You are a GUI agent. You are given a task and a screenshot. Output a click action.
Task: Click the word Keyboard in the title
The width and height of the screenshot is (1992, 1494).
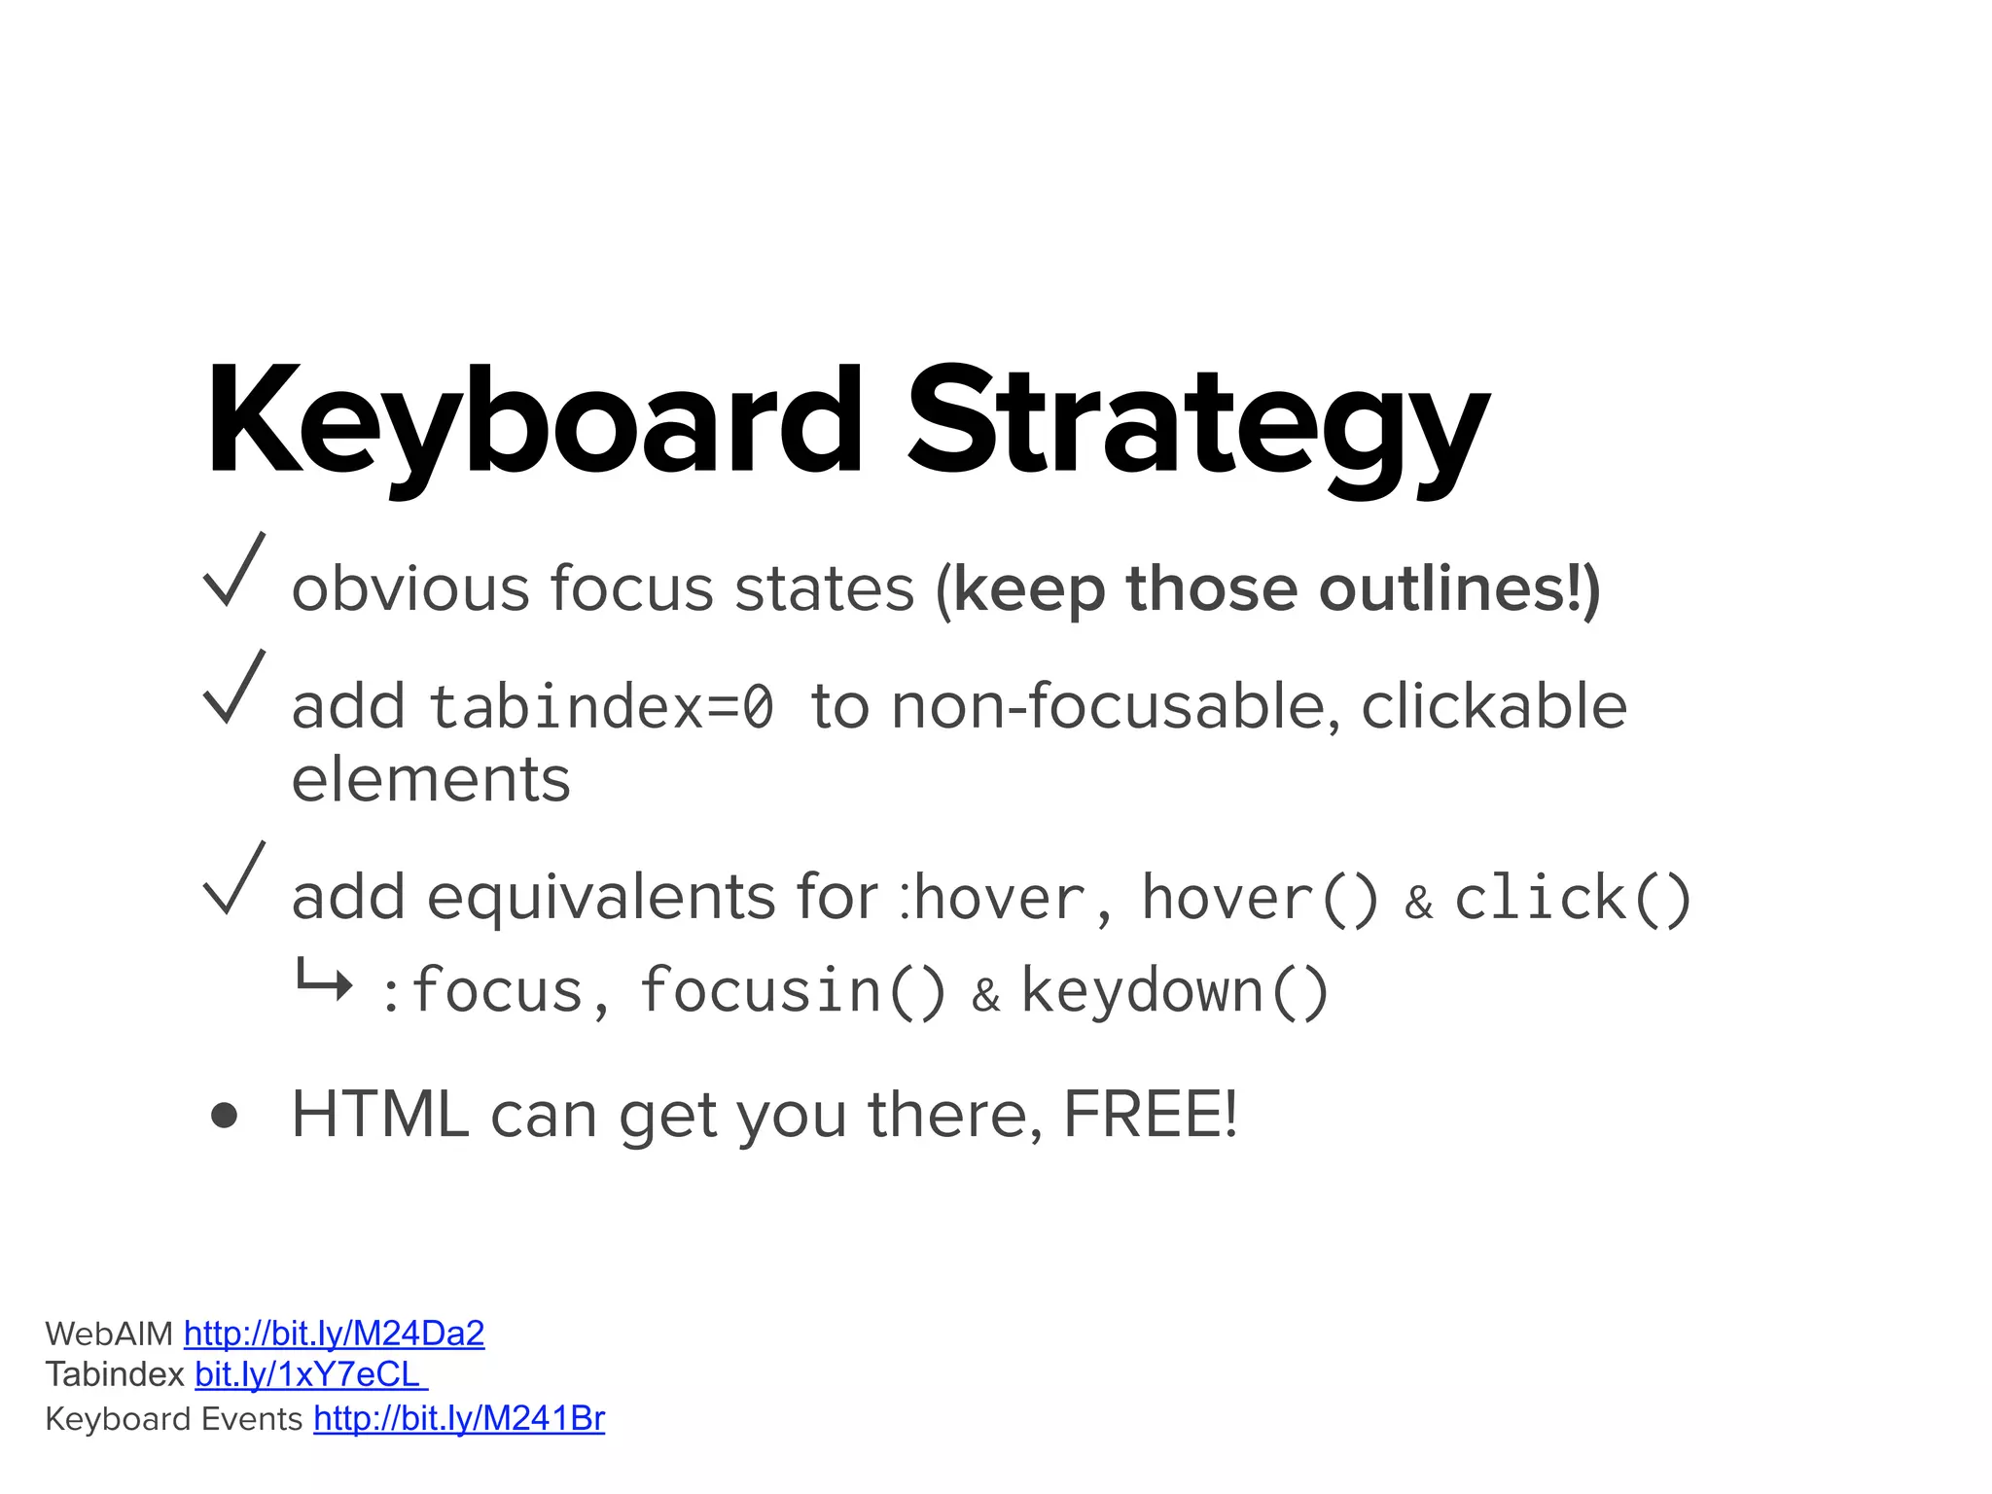point(534,423)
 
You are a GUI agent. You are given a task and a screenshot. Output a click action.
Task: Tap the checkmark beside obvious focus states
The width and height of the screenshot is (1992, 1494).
point(233,571)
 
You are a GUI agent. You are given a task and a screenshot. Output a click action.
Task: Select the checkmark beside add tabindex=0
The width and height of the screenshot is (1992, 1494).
point(233,688)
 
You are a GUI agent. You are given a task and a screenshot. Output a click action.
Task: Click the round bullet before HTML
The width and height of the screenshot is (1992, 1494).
point(224,1115)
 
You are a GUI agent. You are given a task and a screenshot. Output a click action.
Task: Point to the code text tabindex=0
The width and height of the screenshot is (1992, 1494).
point(602,706)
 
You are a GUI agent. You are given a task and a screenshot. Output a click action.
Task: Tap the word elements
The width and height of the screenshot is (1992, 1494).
point(431,779)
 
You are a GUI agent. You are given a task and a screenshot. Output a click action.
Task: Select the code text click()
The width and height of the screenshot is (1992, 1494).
point(1572,897)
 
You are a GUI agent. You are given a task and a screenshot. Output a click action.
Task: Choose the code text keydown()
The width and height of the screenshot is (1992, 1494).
point(1175,991)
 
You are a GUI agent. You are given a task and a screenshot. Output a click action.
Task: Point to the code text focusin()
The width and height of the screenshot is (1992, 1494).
point(792,991)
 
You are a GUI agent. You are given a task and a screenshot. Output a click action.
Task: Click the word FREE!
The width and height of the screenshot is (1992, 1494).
point(1151,1115)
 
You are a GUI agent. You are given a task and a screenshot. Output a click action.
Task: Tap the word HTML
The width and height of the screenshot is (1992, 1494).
point(380,1115)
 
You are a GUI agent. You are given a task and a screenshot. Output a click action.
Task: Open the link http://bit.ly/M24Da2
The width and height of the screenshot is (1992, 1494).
point(334,1334)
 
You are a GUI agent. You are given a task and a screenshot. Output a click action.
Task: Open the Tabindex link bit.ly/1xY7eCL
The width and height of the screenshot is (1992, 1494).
point(310,1374)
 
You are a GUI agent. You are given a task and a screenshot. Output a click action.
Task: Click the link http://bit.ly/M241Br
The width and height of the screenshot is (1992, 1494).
point(459,1419)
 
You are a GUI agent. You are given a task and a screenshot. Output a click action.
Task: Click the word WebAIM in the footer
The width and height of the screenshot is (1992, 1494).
point(109,1334)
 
